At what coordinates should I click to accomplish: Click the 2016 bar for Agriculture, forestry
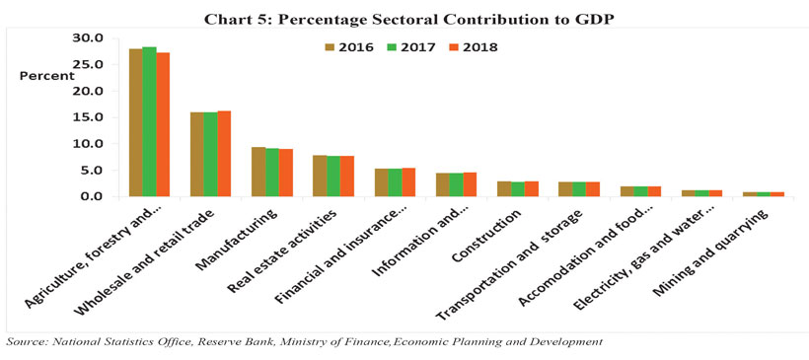coord(136,122)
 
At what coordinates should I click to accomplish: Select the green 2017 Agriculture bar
coord(150,121)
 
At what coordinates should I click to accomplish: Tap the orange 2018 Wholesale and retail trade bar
coord(224,154)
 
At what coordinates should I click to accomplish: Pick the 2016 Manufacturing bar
coord(257,172)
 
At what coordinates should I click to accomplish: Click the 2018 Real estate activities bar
coord(346,176)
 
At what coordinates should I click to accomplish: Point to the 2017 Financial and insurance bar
coord(395,182)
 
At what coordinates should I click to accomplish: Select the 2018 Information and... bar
coord(470,184)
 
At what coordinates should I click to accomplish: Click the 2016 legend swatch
coord(331,47)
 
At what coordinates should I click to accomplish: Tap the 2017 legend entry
coord(410,47)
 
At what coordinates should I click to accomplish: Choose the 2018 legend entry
coord(473,47)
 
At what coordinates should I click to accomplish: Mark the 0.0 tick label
coord(95,196)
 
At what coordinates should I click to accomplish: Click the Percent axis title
coord(47,76)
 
